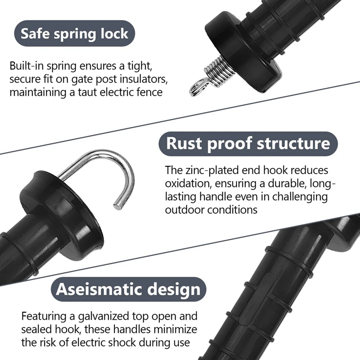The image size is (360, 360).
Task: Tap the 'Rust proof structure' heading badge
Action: [248, 144]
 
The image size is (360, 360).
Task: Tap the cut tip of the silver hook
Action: [118, 205]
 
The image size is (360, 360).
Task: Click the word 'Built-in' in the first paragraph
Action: [27, 66]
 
